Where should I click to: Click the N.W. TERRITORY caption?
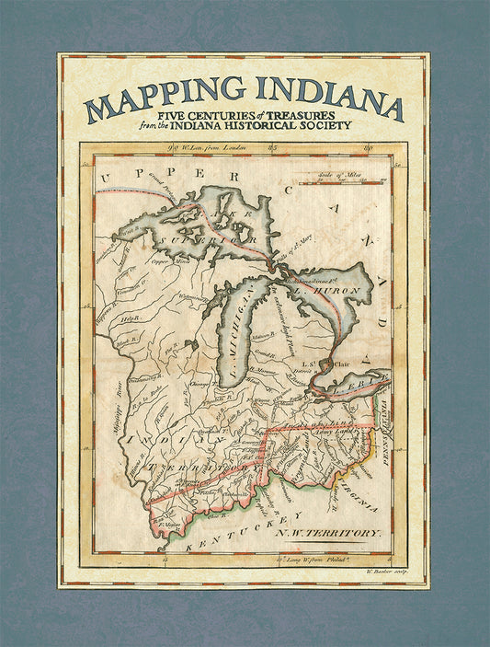341,533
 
